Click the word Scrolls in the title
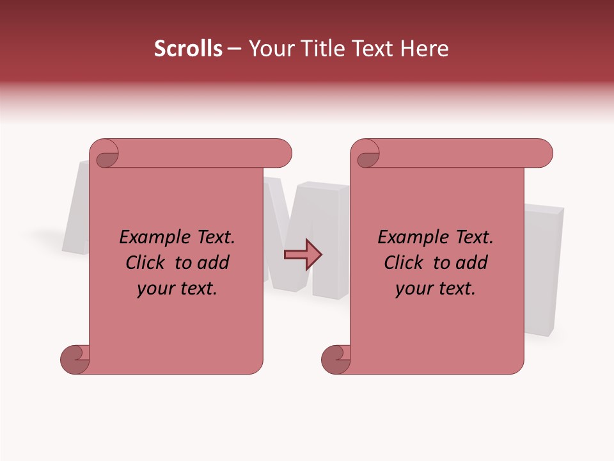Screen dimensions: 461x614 [189, 49]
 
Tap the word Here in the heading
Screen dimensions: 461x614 [425, 49]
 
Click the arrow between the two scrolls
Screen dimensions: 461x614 [303, 255]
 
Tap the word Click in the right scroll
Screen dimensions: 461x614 [405, 263]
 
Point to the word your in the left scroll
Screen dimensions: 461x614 [155, 289]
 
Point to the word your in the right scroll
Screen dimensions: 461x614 [413, 289]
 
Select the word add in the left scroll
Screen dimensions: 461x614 [214, 263]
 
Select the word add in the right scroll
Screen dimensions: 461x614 [473, 263]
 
